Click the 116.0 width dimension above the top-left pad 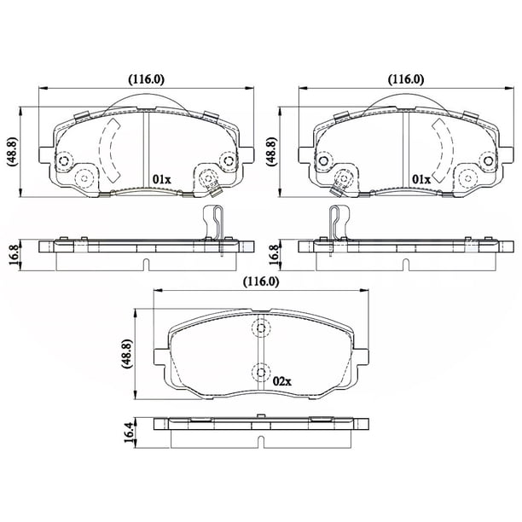pyautogui.click(x=147, y=79)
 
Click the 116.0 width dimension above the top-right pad pyautogui.click(x=406, y=79)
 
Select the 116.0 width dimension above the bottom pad pyautogui.click(x=261, y=281)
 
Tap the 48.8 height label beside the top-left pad pyautogui.click(x=12, y=152)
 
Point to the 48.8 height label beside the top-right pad pyautogui.click(x=271, y=152)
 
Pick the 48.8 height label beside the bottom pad pyautogui.click(x=127, y=354)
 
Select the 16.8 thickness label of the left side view pyautogui.click(x=14, y=254)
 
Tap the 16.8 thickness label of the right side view pyautogui.click(x=273, y=254)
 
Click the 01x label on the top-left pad pyautogui.click(x=161, y=180)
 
